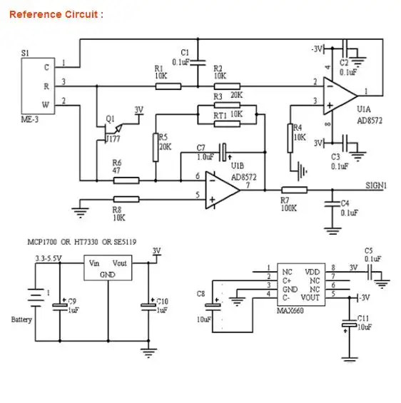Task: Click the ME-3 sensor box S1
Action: click(x=38, y=86)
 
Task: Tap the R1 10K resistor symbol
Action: click(x=168, y=86)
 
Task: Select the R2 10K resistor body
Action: click(x=227, y=86)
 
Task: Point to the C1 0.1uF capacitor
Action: click(x=198, y=63)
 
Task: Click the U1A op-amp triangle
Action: click(x=340, y=96)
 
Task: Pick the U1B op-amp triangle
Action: click(x=223, y=190)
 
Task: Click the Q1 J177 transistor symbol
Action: click(x=111, y=132)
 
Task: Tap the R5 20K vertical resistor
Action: click(x=156, y=148)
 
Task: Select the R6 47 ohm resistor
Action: click(x=126, y=180)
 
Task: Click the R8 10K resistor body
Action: click(x=126, y=200)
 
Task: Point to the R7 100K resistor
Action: click(x=294, y=190)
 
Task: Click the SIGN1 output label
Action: click(x=376, y=185)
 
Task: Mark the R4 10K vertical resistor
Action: click(x=290, y=138)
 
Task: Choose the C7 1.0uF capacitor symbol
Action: click(x=223, y=153)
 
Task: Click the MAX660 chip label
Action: click(x=290, y=311)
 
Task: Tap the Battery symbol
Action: click(x=36, y=298)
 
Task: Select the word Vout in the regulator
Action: click(x=120, y=263)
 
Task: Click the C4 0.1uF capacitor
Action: click(x=332, y=204)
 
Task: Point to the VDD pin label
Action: click(x=313, y=272)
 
